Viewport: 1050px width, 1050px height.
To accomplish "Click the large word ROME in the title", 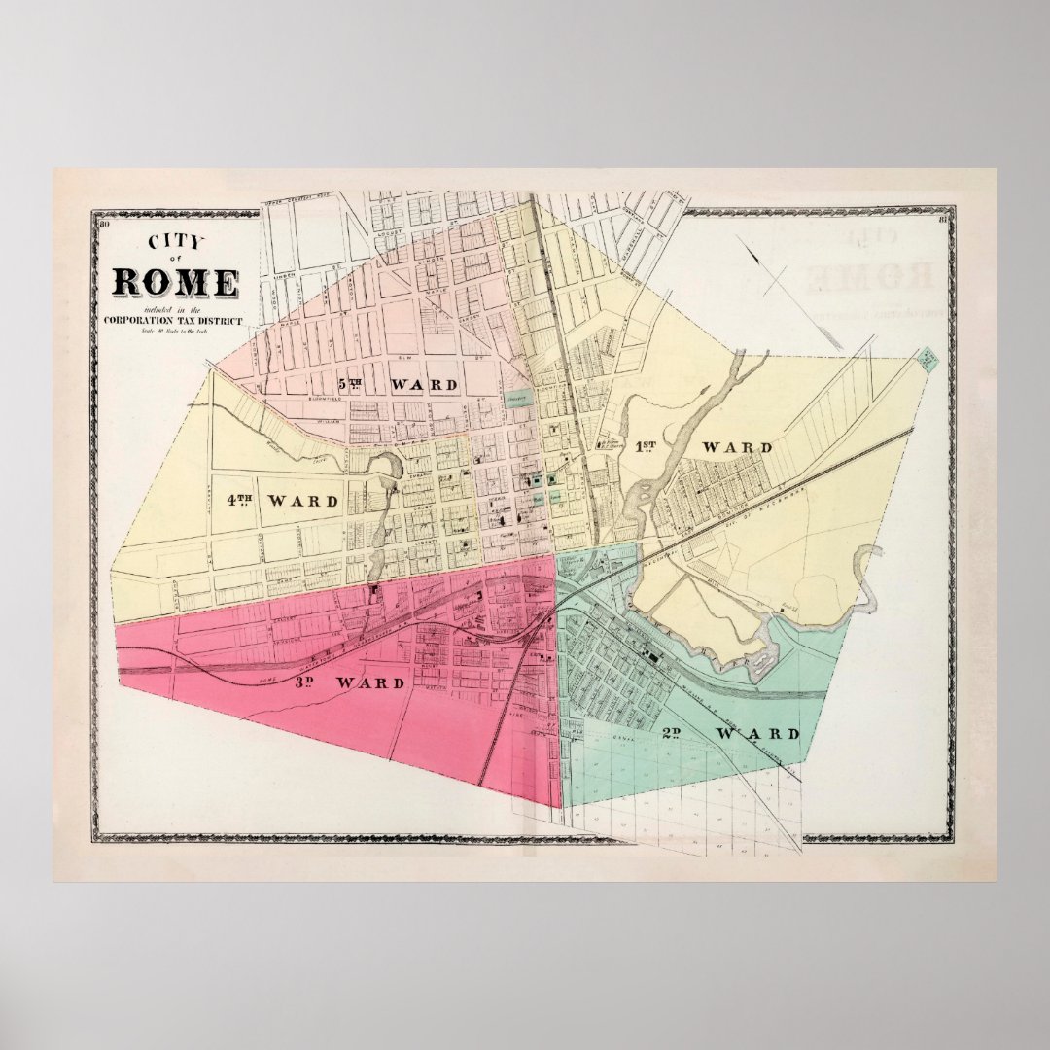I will [175, 282].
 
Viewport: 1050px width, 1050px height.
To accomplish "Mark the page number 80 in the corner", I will [104, 226].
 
